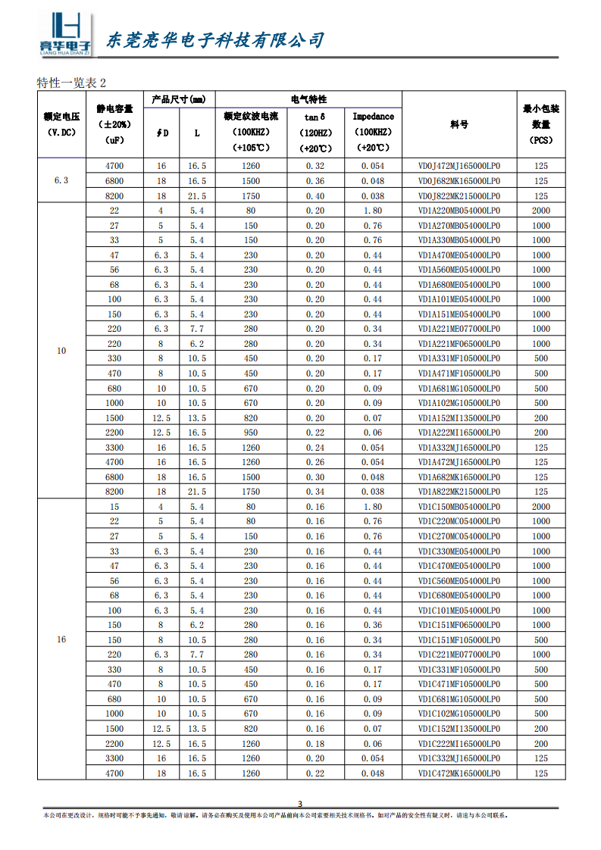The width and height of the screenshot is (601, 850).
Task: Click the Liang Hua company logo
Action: [x=65, y=35]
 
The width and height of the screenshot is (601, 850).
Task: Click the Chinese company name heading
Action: [x=213, y=39]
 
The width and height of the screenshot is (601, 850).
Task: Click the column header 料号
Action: [x=459, y=124]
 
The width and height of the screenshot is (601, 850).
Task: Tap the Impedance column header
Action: [x=373, y=117]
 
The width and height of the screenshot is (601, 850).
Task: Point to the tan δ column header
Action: [x=315, y=117]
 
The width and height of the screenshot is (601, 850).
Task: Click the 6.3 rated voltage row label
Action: [x=61, y=181]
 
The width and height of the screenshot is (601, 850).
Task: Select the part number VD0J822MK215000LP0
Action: [x=459, y=196]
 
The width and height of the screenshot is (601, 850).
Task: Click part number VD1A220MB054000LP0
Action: [x=459, y=211]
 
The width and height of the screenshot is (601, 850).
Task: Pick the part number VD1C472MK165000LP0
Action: [x=459, y=773]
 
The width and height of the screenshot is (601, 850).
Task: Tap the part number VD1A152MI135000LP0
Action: [x=459, y=418]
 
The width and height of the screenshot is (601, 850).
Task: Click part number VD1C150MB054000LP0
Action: [x=459, y=507]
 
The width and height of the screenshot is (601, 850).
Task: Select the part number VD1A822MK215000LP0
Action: [x=459, y=492]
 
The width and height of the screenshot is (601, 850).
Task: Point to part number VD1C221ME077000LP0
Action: [x=459, y=655]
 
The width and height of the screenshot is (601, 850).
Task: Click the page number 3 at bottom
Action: [x=299, y=804]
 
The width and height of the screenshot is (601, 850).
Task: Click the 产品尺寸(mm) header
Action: [x=178, y=99]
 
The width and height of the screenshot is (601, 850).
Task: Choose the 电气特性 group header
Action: [x=308, y=99]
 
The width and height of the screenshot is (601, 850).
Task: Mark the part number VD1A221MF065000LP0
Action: [x=459, y=344]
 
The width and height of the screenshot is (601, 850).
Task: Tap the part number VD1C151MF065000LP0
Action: [x=459, y=625]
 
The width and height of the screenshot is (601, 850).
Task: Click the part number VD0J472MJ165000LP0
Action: [x=459, y=166]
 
